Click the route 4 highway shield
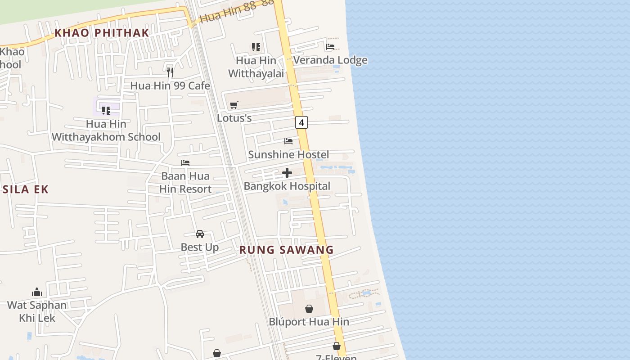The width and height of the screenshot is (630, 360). [301, 122]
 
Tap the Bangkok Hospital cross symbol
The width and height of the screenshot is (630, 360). [287, 173]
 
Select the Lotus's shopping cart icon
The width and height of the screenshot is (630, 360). [234, 105]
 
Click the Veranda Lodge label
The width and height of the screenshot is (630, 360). [330, 60]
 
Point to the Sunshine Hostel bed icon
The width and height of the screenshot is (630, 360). [288, 141]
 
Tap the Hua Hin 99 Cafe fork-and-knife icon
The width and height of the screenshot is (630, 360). [170, 72]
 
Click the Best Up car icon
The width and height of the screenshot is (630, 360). [200, 234]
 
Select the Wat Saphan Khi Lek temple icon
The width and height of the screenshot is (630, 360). [37, 292]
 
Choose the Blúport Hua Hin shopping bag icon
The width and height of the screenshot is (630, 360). [309, 309]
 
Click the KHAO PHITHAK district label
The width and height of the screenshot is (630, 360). [102, 32]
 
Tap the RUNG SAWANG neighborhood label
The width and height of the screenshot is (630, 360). [286, 250]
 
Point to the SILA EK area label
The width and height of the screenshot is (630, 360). [25, 189]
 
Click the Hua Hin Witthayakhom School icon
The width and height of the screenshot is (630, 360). [106, 110]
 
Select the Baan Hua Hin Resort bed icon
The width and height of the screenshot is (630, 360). [185, 162]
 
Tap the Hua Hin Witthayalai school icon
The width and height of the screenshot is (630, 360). [256, 47]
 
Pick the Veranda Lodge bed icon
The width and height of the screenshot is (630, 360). [330, 46]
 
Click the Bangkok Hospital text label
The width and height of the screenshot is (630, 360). [287, 186]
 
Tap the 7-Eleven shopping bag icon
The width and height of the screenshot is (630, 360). [337, 346]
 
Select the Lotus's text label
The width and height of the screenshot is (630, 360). [234, 118]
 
